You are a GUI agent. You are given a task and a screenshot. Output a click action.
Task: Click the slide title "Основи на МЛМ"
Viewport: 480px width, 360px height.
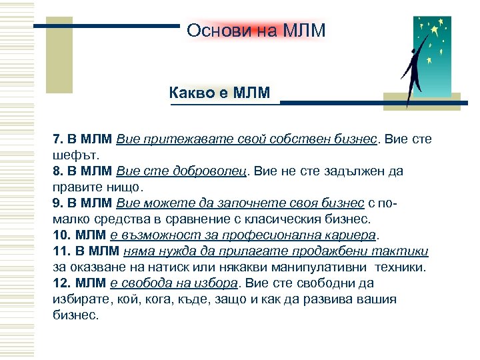click(256, 31)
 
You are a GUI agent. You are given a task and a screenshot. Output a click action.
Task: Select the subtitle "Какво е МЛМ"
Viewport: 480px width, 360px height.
click(219, 93)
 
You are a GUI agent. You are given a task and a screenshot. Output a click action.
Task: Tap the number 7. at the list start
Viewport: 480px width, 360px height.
click(58, 140)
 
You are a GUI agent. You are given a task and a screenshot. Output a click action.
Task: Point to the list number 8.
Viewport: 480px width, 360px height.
click(58, 171)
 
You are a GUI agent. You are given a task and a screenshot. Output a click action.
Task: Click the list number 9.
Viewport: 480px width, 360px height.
click(58, 203)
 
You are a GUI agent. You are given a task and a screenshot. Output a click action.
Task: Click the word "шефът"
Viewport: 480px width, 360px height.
click(69, 155)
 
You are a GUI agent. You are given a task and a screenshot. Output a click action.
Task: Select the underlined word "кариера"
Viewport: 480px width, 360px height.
click(347, 235)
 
